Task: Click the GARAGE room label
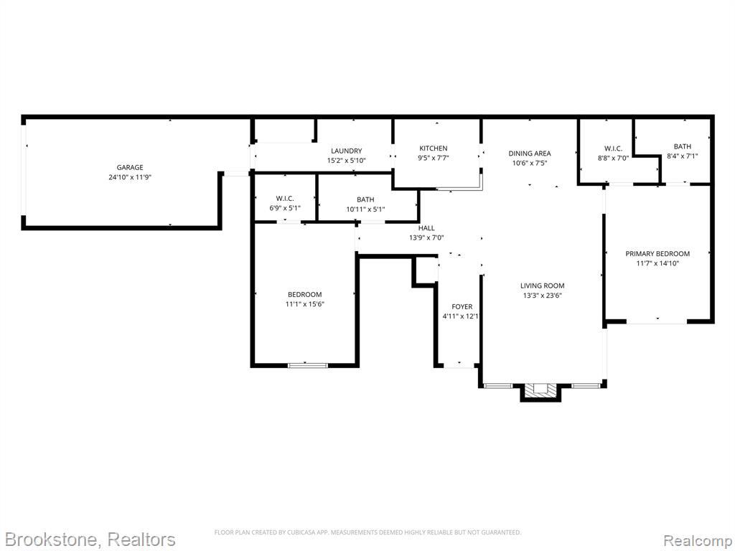(x=130, y=167)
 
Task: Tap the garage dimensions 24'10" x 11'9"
(x=130, y=177)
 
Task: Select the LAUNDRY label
(x=347, y=151)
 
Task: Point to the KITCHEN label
(x=433, y=148)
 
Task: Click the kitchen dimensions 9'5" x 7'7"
(x=433, y=158)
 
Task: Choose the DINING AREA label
(x=530, y=154)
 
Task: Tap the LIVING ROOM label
(x=543, y=286)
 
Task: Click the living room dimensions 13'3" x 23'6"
(x=543, y=295)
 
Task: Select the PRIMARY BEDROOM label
(x=657, y=253)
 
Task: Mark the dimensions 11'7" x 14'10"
(x=657, y=263)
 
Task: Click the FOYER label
(x=462, y=306)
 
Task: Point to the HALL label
(x=426, y=227)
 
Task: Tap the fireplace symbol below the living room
(x=541, y=390)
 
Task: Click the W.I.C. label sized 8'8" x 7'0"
(x=613, y=149)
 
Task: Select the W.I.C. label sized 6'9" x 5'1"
(x=285, y=199)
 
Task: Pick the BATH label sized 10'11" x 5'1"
(x=365, y=199)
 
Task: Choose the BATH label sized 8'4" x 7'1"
(x=683, y=146)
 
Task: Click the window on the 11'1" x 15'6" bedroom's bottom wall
(x=308, y=365)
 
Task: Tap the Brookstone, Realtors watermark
(x=89, y=540)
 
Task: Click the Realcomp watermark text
(x=698, y=540)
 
